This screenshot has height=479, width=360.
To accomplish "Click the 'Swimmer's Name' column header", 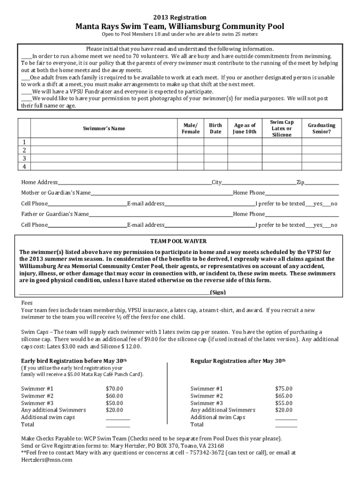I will (x=104, y=128).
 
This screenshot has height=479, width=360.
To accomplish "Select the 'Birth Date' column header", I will (x=215, y=128).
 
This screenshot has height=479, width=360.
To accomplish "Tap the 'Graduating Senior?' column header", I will (x=321, y=128).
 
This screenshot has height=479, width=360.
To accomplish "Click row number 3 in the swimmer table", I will (x=24, y=158).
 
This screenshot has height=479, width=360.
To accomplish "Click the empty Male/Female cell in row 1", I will (x=190, y=142).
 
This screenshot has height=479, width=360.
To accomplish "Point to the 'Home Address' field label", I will (x=39, y=182).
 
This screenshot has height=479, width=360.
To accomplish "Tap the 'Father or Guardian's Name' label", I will (x=55, y=214).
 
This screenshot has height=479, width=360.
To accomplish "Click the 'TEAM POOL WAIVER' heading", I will (x=178, y=241).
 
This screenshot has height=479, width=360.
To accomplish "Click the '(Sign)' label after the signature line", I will (x=218, y=292).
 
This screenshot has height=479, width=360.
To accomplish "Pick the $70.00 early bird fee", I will (x=115, y=388).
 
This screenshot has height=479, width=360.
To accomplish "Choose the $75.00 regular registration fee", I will (x=284, y=388).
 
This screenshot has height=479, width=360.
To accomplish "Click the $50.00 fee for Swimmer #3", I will (x=115, y=403).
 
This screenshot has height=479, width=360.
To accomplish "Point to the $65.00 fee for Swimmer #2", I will (x=284, y=396).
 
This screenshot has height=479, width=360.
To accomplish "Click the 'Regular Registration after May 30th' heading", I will (x=238, y=361).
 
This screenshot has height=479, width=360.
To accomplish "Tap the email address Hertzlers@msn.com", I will (x=47, y=460).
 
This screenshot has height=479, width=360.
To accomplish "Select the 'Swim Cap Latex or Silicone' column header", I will (x=282, y=128).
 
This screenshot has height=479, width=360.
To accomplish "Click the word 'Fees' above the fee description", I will (x=27, y=303).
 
